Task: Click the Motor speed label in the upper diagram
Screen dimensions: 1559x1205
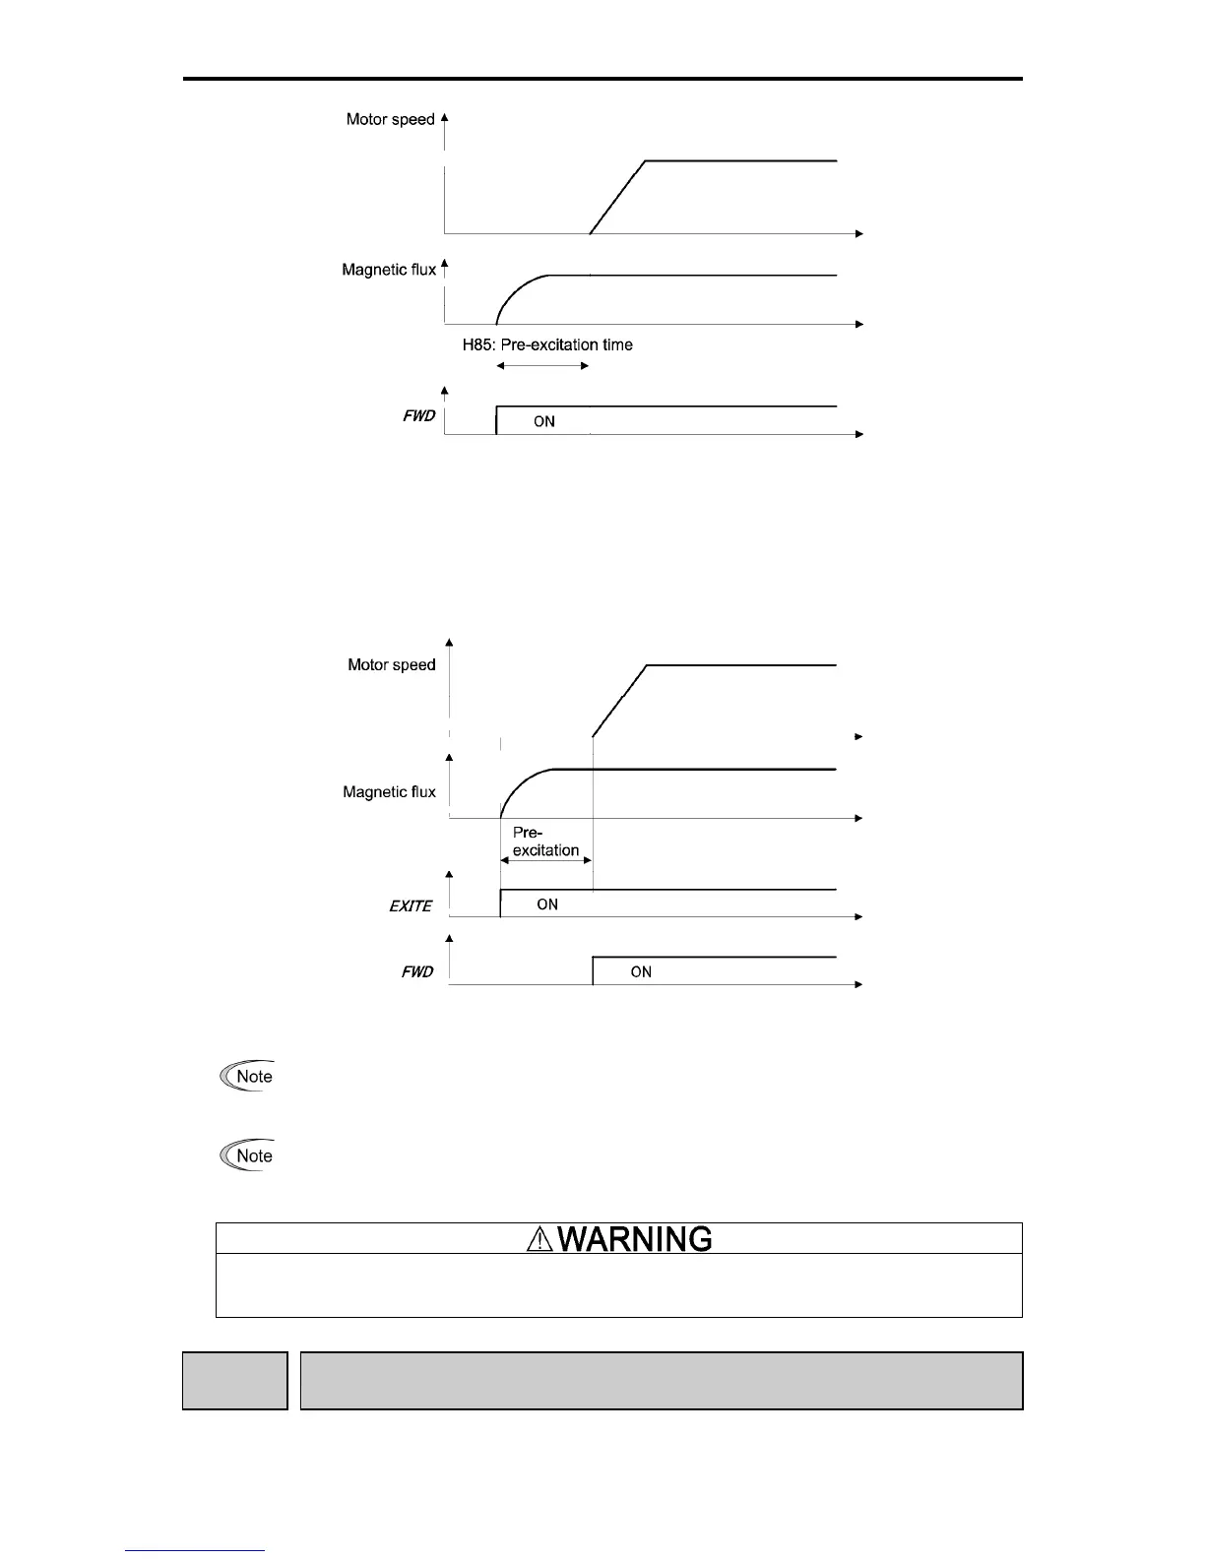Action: [390, 120]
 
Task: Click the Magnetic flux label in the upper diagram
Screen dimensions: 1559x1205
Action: [389, 270]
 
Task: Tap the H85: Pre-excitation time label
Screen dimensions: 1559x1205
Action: [547, 345]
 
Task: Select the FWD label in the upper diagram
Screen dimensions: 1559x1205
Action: [418, 416]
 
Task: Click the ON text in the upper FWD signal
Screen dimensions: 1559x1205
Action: [544, 421]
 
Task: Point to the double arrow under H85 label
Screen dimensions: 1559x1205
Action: [542, 366]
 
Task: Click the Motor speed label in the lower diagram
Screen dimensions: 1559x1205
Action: [391, 665]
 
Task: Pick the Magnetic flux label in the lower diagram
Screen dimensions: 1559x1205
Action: [389, 792]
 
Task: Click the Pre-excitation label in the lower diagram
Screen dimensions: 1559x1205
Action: [545, 842]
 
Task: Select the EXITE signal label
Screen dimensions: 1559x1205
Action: [411, 906]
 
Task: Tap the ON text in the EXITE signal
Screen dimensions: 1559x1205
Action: [547, 904]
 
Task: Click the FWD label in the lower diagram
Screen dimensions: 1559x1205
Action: [417, 972]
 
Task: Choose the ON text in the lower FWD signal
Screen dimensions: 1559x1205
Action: [641, 972]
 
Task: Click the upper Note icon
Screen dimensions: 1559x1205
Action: [247, 1077]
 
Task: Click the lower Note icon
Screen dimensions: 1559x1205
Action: [247, 1156]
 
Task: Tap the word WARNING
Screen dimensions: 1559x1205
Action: [635, 1239]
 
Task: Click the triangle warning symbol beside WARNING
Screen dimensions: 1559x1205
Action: [540, 1240]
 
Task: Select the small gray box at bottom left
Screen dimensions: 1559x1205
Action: [235, 1381]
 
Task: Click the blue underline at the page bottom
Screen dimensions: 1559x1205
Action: [195, 1551]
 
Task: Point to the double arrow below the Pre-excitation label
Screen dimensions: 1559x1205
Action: [545, 860]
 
